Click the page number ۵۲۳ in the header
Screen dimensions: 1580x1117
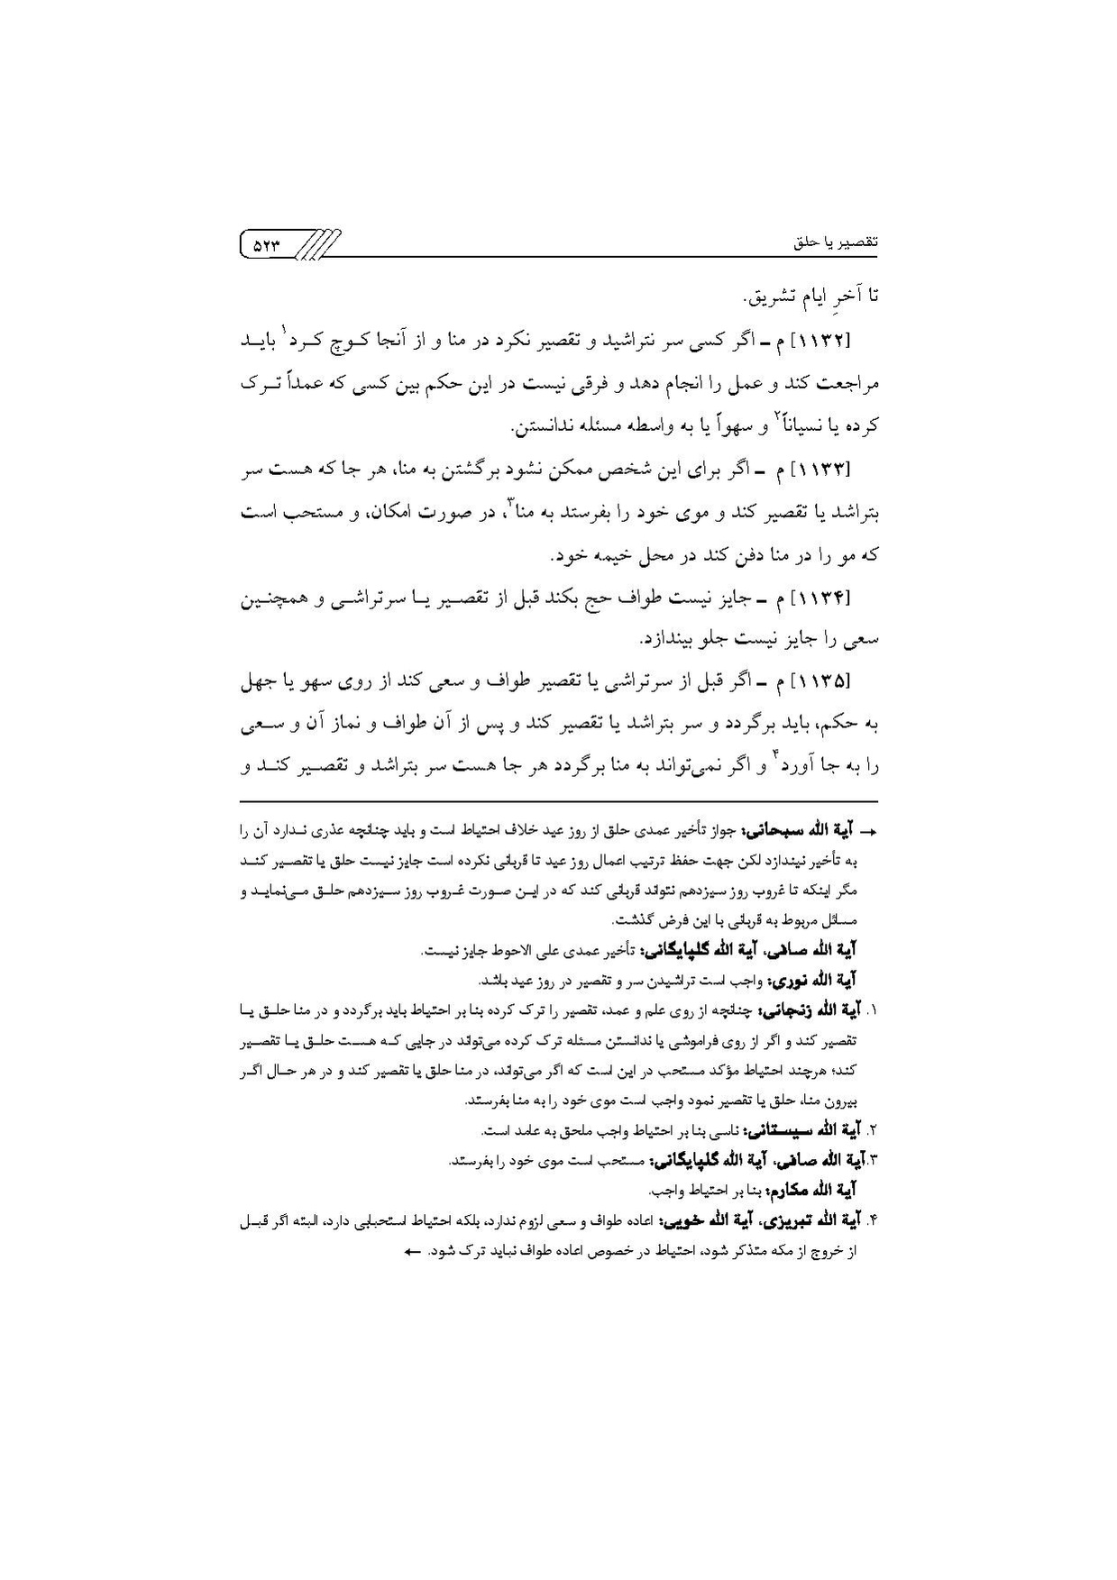pos(267,243)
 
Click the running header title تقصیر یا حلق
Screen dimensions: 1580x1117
pos(836,242)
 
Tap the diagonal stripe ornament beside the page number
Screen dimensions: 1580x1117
pos(319,244)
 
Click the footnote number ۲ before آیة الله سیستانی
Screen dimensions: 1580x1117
pos(873,1130)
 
